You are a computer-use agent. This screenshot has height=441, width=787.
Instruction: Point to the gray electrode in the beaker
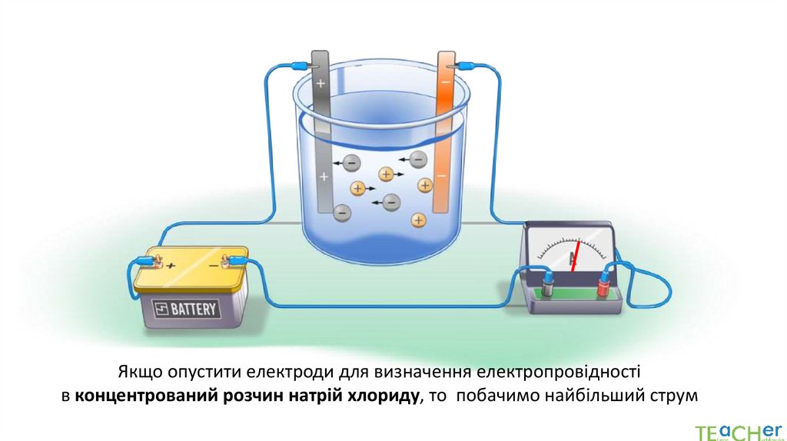point(322,138)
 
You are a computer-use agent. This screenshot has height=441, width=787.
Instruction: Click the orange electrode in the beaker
point(443,138)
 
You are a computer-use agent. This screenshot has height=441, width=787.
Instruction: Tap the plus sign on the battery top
point(171,266)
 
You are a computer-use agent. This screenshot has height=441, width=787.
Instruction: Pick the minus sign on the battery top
point(213,266)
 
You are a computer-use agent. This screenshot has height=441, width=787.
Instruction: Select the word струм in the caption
point(676,396)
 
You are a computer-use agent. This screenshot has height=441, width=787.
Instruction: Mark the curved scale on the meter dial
point(569,245)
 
